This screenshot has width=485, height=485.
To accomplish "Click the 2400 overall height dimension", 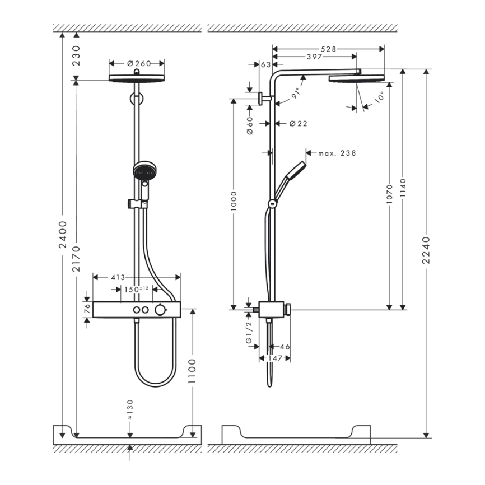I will (x=63, y=235).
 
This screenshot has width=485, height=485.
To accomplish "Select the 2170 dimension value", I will (x=77, y=259).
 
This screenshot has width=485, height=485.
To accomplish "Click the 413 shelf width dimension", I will (x=117, y=277).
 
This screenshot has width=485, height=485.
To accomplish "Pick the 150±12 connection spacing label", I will (x=136, y=289).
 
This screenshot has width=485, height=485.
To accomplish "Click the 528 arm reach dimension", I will (x=329, y=49).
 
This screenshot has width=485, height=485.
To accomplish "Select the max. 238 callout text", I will (x=337, y=153).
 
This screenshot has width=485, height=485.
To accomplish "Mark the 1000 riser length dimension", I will (x=234, y=205).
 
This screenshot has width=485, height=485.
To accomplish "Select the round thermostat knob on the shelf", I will (x=161, y=310).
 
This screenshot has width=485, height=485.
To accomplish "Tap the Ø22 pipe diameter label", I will (x=298, y=124).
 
